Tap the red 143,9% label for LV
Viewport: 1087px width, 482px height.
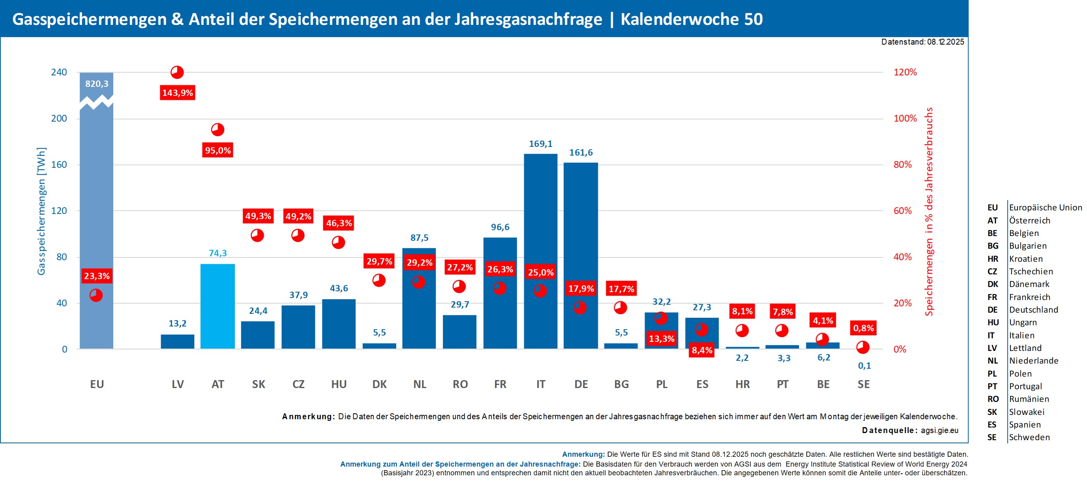(178, 93)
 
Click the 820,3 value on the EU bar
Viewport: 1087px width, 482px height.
(97, 84)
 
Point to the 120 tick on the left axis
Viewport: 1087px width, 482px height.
(59, 211)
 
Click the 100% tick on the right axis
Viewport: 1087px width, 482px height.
(905, 118)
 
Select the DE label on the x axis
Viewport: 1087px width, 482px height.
(581, 384)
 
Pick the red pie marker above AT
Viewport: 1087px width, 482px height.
(218, 129)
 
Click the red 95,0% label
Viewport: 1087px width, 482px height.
(218, 150)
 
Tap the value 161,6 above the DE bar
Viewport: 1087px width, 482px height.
(581, 152)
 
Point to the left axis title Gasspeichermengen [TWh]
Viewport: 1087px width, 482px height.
(41, 211)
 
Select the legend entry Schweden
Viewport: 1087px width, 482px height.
(1029, 437)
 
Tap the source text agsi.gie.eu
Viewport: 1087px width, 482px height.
(939, 431)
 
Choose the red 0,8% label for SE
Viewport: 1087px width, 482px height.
(863, 328)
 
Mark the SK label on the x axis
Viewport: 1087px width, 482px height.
(258, 384)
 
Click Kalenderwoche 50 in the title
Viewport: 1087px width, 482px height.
(691, 19)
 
